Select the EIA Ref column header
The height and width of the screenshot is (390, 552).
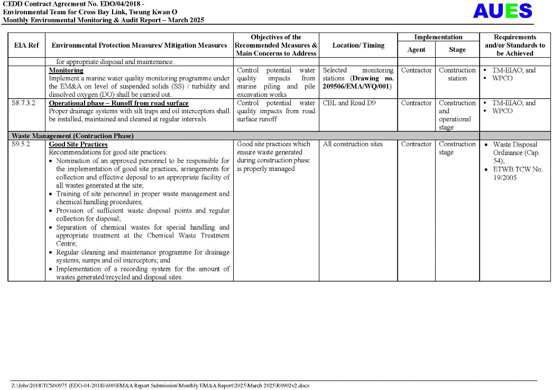click(x=26, y=46)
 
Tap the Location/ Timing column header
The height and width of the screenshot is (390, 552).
click(x=358, y=46)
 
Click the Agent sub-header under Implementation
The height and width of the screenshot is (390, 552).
click(x=416, y=50)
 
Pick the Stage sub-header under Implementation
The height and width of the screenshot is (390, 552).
click(x=457, y=50)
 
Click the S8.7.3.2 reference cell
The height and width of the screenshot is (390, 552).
click(x=25, y=103)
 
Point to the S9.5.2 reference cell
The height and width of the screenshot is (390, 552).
click(x=22, y=144)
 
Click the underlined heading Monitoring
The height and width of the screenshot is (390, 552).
click(x=66, y=70)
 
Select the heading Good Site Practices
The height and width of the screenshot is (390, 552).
click(x=78, y=144)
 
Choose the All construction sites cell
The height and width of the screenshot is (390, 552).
click(x=353, y=144)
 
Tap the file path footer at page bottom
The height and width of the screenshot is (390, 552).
click(x=160, y=385)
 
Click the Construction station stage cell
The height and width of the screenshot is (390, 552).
click(x=457, y=74)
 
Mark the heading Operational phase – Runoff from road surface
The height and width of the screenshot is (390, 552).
click(x=118, y=103)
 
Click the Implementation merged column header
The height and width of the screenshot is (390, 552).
click(x=438, y=37)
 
